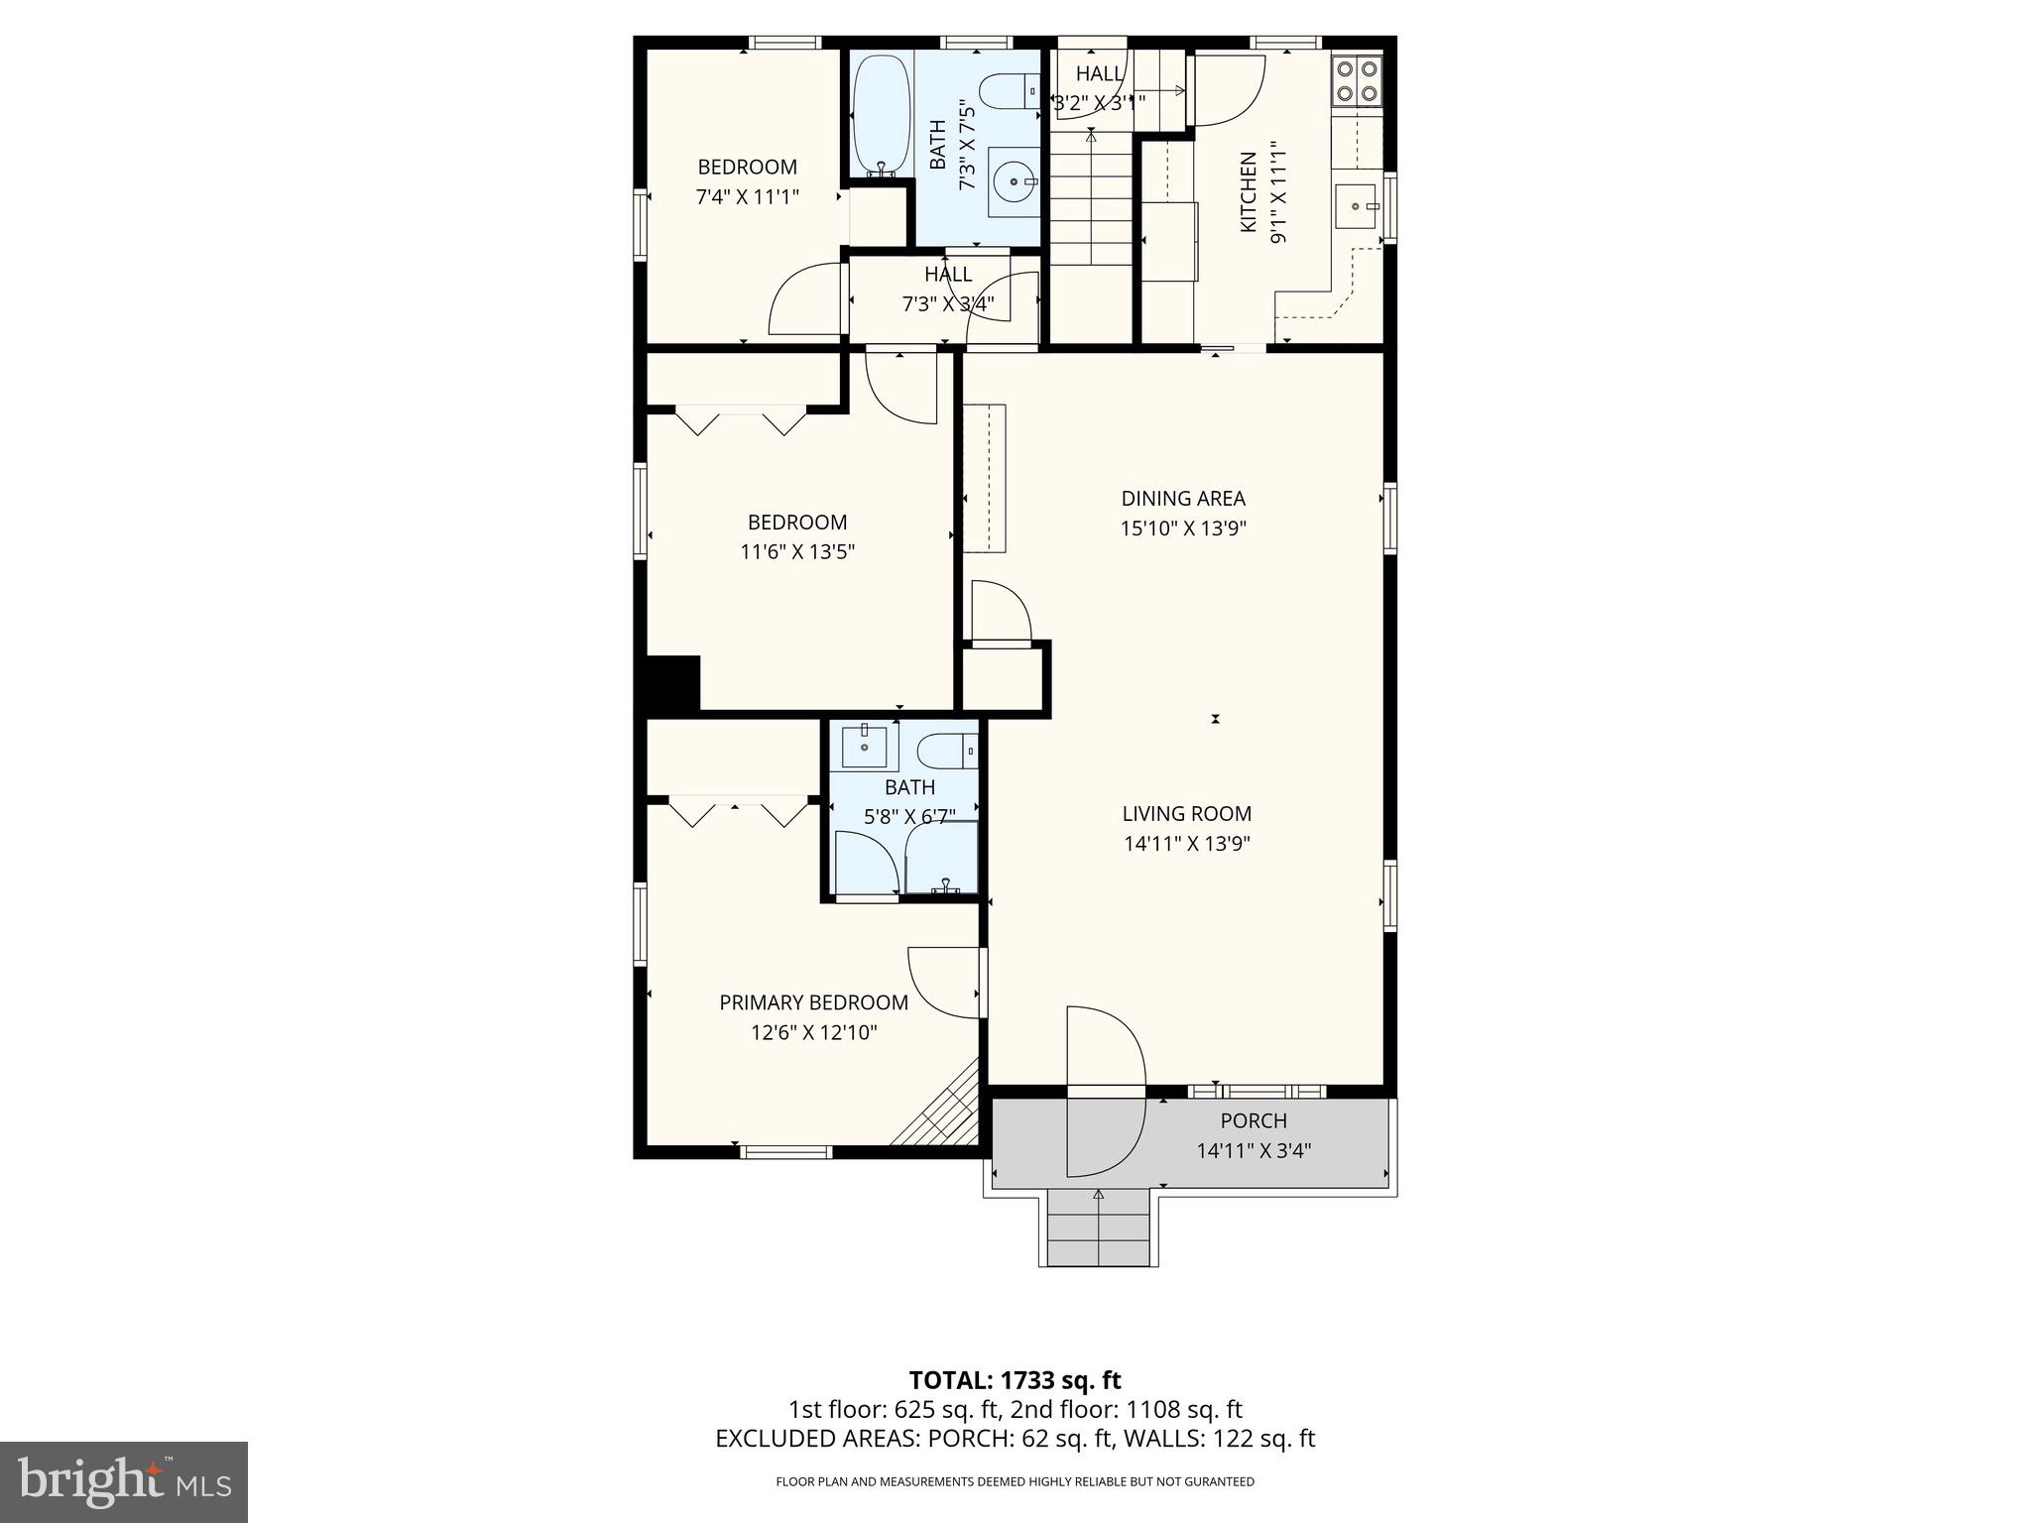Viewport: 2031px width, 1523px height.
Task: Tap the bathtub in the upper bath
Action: pos(880,114)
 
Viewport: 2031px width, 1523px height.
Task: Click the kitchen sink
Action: pos(1356,205)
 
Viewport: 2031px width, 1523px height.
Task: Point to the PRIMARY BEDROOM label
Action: pos(813,1002)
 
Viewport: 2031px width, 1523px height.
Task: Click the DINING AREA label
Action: pos(1182,499)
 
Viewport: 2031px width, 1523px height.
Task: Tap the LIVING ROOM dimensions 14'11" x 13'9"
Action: pos(1186,844)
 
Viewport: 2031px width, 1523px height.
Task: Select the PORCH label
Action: pos(1254,1120)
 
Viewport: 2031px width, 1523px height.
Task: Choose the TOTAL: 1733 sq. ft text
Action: pos(1015,1380)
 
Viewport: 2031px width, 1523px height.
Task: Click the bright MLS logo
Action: pos(124,1481)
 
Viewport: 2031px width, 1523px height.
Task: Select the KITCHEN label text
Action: pos(1249,192)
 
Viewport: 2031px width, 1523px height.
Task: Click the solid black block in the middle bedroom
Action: pos(673,682)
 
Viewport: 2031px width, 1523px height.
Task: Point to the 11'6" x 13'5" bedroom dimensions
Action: pos(797,551)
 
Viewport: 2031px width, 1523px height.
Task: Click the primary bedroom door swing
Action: pos(944,982)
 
